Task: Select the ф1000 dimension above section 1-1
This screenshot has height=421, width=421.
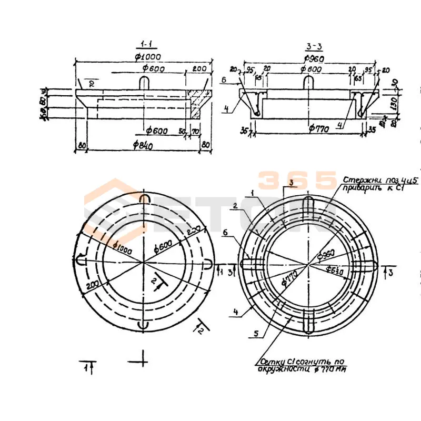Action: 147,57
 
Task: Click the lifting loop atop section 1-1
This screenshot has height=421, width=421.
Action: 145,83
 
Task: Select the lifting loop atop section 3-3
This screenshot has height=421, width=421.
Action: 309,83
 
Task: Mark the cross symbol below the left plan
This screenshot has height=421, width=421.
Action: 143,360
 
